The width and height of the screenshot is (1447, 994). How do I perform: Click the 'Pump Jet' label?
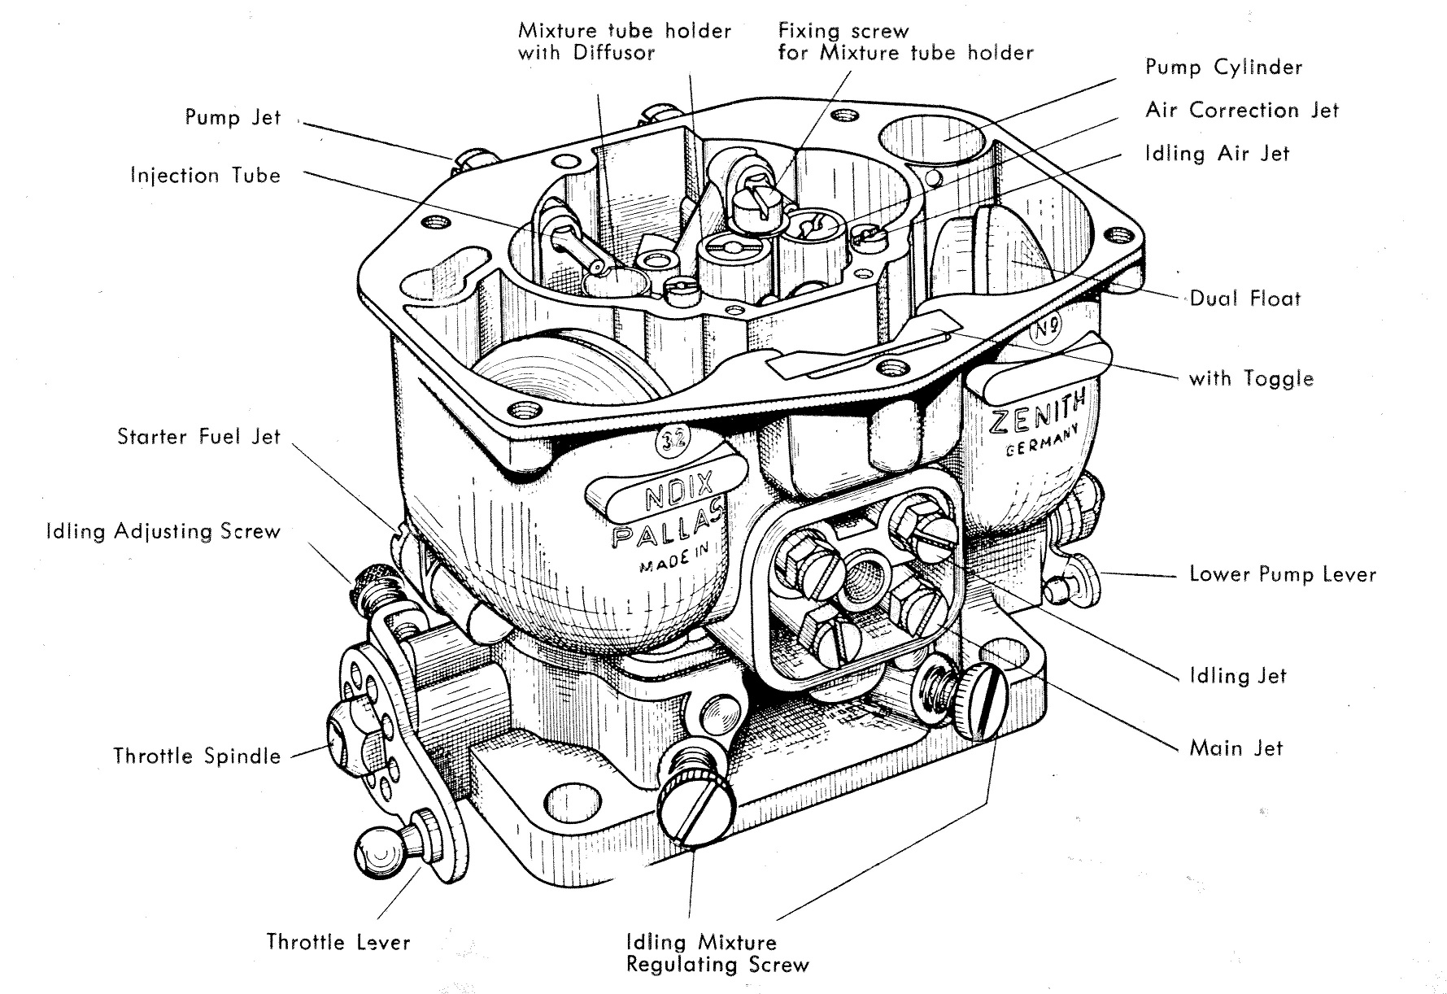(x=233, y=117)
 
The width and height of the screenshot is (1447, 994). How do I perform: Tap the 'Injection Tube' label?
(x=205, y=176)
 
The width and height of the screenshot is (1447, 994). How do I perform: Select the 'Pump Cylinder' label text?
(x=1223, y=68)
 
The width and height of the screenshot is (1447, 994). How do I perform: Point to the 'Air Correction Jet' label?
(x=1241, y=111)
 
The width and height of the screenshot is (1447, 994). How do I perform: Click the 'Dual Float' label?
(x=1244, y=299)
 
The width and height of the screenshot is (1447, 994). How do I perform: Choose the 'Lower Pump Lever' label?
(x=1282, y=574)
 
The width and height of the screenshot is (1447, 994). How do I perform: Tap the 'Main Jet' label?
(x=1236, y=748)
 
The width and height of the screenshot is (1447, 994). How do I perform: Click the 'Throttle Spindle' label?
(x=197, y=756)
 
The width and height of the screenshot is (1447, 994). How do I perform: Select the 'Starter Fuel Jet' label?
(x=198, y=437)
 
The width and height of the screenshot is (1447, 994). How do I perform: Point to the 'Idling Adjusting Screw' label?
(x=163, y=532)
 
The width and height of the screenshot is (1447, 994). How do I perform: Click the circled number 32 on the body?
(x=674, y=440)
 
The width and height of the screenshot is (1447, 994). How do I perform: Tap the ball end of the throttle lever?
(x=380, y=853)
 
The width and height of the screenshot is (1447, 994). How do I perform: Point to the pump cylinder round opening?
(x=935, y=139)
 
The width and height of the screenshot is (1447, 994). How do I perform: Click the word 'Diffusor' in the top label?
(x=614, y=53)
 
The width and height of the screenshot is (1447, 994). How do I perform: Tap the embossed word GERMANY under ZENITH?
(x=1044, y=440)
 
